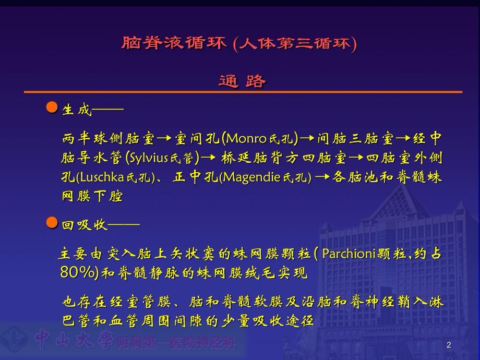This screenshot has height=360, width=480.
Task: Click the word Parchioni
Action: [347, 255]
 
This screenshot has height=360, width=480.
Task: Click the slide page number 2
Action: [449, 345]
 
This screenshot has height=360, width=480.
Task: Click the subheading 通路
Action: [243, 81]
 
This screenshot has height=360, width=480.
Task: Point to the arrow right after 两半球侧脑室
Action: [164, 139]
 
